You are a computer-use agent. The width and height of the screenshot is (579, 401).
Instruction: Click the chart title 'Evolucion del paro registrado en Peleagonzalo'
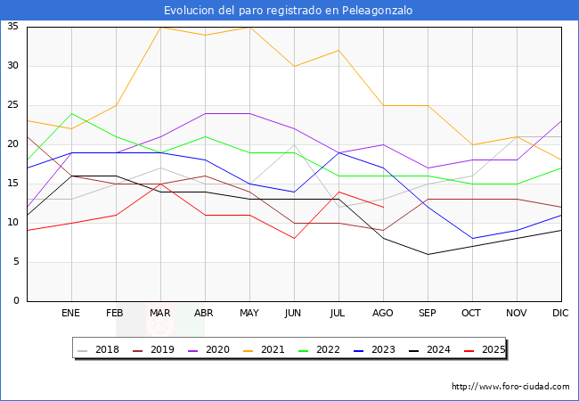[x=289, y=10]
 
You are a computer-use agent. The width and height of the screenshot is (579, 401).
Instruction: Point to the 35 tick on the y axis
[x=12, y=27]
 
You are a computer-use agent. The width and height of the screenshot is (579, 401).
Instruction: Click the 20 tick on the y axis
[x=12, y=144]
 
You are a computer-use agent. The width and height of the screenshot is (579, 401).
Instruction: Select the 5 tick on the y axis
[x=15, y=262]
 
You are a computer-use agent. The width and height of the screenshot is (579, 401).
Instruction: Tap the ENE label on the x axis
[x=70, y=314]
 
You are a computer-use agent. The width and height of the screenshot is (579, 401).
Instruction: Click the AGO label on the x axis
[x=382, y=314]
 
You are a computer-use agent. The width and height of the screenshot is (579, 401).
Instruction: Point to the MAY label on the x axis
[x=249, y=314]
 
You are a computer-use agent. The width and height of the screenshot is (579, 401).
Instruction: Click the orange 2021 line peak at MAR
[x=160, y=27]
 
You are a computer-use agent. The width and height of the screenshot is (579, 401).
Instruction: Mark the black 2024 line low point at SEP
[x=428, y=254]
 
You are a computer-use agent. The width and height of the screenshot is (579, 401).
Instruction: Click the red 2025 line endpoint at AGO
[x=383, y=207]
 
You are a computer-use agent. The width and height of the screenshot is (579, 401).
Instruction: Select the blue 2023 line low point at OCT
[x=472, y=239]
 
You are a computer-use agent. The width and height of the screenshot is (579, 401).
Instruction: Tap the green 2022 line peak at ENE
[x=71, y=113]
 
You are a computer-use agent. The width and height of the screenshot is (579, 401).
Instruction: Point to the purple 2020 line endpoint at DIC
[x=561, y=121]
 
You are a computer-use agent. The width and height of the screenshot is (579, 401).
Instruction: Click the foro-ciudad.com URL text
[x=510, y=387]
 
